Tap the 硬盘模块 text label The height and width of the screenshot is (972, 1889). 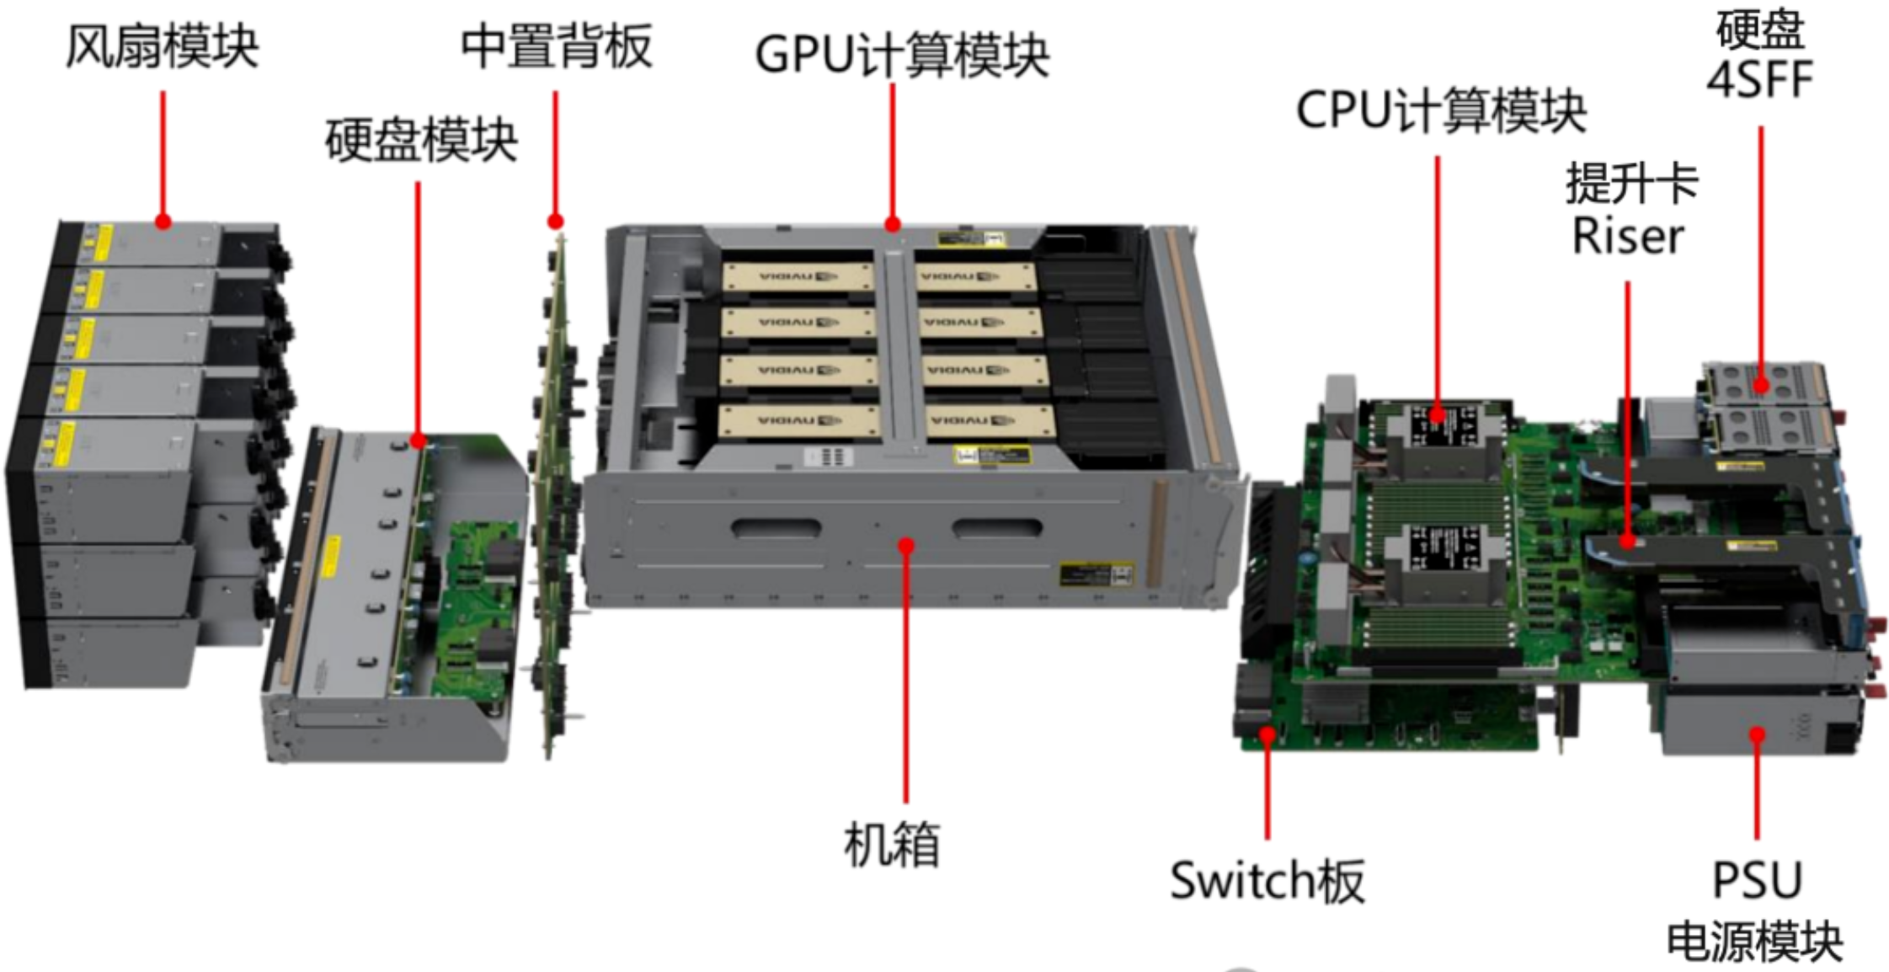[421, 140]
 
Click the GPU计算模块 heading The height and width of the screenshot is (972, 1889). [902, 56]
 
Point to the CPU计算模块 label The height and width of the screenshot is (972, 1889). [1440, 110]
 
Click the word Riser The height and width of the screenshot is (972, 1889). [1628, 237]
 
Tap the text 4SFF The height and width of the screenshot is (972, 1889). [1759, 80]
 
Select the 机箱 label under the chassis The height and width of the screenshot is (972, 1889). [892, 844]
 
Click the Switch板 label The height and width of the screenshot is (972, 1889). [1267, 881]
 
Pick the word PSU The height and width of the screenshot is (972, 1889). [1757, 880]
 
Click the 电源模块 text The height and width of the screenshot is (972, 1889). [1755, 941]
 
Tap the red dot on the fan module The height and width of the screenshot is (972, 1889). [163, 222]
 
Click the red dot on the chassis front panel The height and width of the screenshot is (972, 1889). [906, 547]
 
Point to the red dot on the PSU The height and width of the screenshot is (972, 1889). [1757, 735]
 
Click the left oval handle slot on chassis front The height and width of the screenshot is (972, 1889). [776, 528]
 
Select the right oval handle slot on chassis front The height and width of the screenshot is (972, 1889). [996, 528]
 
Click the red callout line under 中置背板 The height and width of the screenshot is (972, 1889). [555, 152]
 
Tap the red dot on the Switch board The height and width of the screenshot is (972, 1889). [1267, 734]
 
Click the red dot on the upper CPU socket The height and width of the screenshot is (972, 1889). [1438, 414]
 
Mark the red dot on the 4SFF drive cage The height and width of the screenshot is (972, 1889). [1761, 387]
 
